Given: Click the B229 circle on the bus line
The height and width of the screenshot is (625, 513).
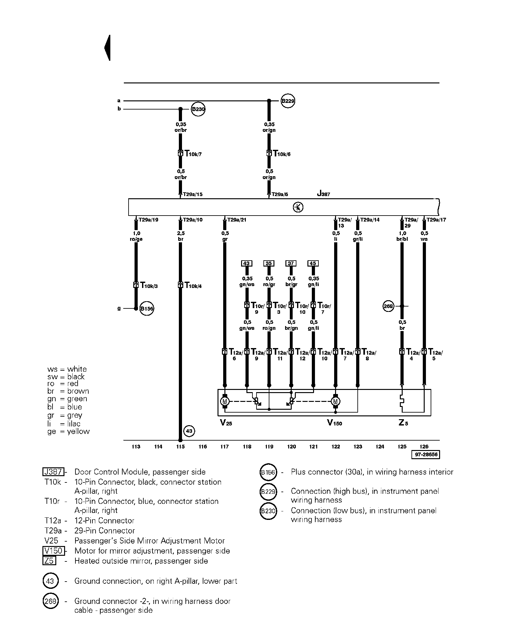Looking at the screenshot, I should pos(288,101).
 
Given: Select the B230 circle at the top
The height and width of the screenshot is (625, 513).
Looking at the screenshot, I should pos(198,109).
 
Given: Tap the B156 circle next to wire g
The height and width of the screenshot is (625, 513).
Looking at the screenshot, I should pos(146,309).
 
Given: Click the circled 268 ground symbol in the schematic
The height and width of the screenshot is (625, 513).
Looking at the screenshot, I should pos(389,306).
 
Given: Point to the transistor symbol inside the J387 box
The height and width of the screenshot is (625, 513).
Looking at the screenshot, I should pos(298,207).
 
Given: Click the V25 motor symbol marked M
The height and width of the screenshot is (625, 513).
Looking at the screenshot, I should pos(225,401).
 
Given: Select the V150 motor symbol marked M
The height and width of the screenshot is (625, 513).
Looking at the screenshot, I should pos(335,401).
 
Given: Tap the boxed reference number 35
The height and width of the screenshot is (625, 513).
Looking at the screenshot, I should pos(269,263).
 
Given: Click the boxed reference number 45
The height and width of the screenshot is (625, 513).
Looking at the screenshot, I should pos(313,263).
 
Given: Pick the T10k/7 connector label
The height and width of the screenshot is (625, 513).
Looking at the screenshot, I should pos(193,154).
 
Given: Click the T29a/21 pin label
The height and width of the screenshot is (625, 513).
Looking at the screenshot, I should pos(236,220).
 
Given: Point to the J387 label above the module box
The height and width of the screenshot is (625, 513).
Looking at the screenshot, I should pos(323,194).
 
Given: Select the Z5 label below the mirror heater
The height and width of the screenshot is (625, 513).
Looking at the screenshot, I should pos(403,423).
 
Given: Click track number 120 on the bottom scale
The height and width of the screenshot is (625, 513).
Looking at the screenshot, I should pos(291,447).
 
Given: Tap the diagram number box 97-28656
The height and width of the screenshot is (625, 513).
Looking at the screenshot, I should pos(426,455).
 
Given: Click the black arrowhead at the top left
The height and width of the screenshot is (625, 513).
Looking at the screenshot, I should pos(108,48).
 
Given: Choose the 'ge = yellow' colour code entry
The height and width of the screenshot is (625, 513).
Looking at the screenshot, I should pos(69,431).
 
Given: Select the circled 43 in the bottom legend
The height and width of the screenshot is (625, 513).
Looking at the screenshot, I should pos(50,581).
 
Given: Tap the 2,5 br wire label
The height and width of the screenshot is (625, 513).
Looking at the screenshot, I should pos(181,236).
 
